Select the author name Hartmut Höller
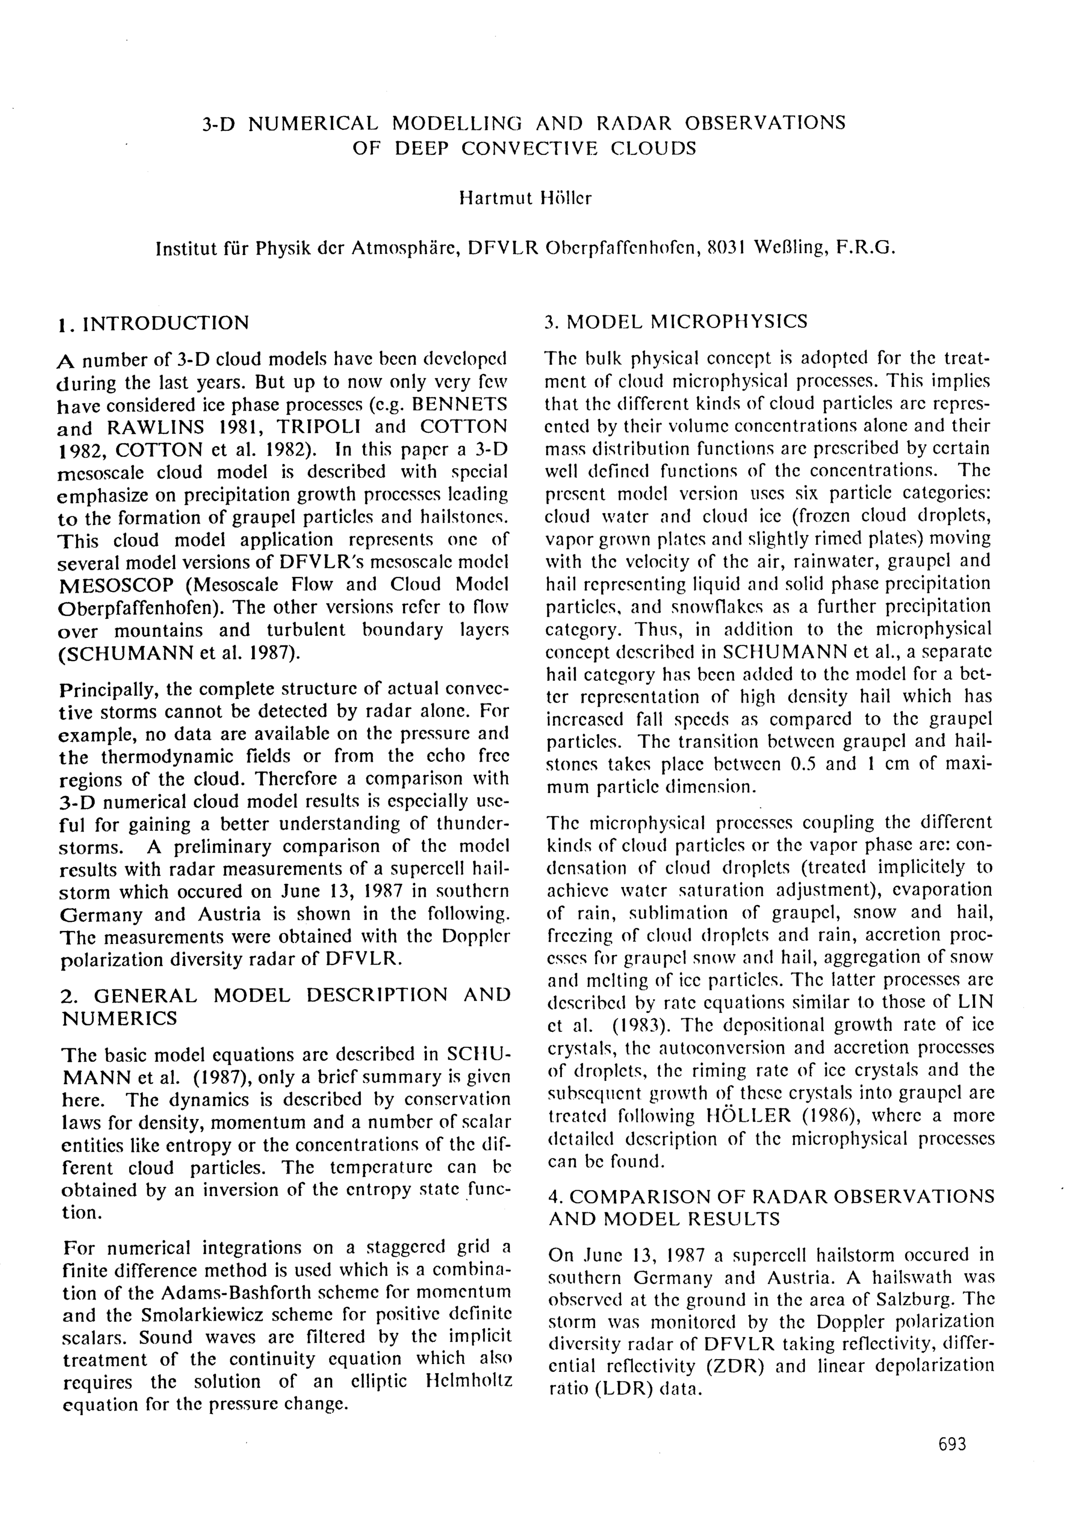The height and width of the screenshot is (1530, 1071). click(x=525, y=199)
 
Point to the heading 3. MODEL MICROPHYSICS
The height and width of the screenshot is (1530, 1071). click(x=675, y=322)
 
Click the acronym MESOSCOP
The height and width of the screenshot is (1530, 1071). click(x=117, y=585)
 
